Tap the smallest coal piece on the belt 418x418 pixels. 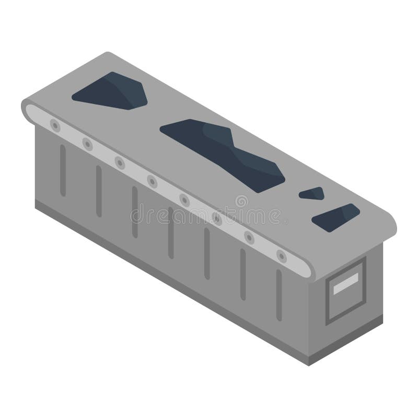coord(311,193)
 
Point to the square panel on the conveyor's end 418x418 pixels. coord(345,291)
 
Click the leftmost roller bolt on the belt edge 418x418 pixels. coord(54,124)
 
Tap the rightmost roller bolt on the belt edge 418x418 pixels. coord(282,256)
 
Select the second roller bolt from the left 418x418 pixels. coord(87,143)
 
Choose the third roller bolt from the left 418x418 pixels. coord(120,162)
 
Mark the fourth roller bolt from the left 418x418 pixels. coord(152,181)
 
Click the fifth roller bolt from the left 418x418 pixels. coord(184,200)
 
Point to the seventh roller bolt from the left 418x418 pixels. coord(250,238)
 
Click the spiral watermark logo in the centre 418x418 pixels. coord(241,202)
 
